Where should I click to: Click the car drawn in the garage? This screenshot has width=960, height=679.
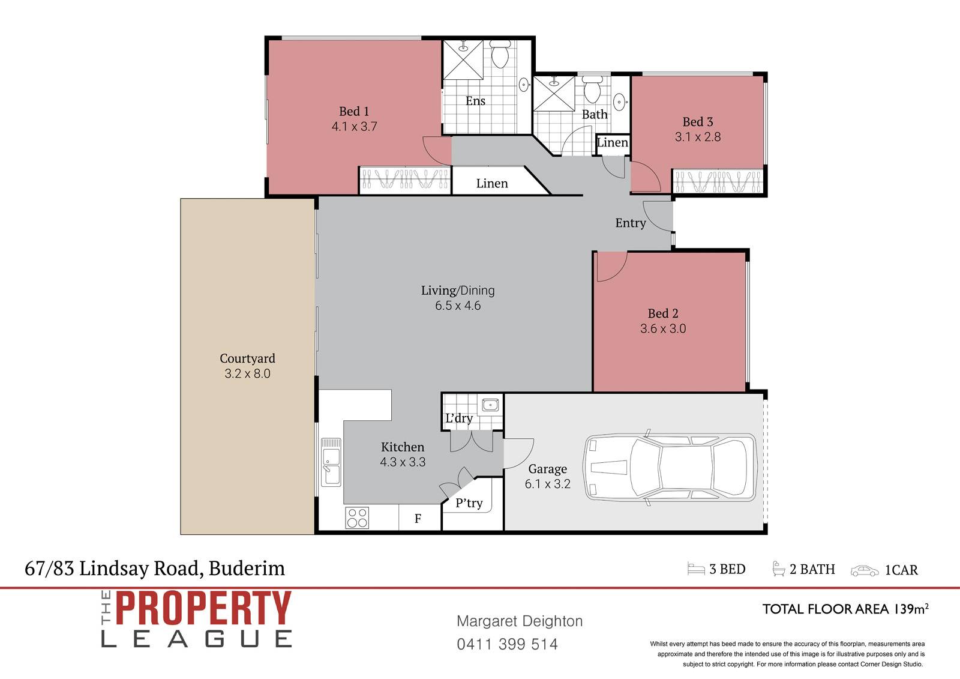tap(670, 468)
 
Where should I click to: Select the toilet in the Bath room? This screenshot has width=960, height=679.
tap(592, 89)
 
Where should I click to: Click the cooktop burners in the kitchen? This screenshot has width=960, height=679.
tap(357, 518)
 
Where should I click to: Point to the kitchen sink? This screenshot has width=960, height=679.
tap(331, 462)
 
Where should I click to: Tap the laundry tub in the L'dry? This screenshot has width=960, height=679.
tap(490, 405)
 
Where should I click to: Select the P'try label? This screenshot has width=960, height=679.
tap(469, 502)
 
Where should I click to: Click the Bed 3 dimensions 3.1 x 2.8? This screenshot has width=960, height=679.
tap(698, 137)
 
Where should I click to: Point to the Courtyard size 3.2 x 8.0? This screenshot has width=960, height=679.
tap(247, 373)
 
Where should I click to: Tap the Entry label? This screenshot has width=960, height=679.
tap(631, 223)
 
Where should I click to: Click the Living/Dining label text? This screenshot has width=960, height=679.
tap(458, 291)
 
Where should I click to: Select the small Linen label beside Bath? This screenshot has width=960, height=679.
tap(613, 142)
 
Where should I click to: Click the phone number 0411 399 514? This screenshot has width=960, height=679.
tap(508, 644)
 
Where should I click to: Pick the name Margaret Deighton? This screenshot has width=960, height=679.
tap(520, 621)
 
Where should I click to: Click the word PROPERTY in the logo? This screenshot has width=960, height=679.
tap(203, 608)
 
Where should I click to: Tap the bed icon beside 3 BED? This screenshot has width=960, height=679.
tap(696, 569)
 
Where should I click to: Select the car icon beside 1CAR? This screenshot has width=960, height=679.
tap(865, 571)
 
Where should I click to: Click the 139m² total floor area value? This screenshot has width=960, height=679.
tap(911, 609)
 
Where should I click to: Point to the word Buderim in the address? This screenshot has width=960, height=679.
tap(247, 569)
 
